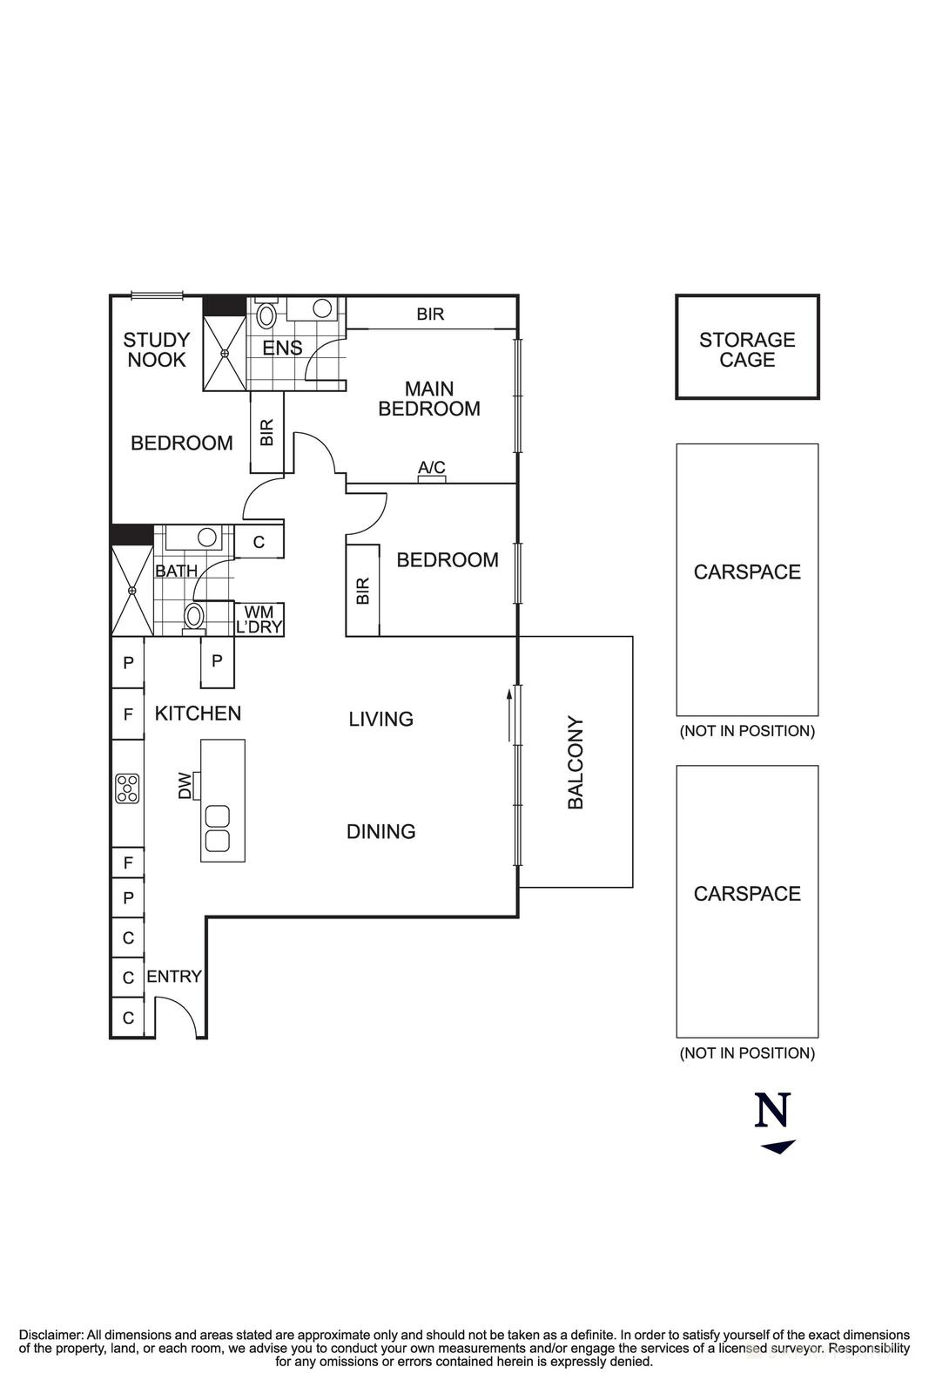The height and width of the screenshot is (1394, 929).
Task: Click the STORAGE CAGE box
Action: tap(747, 348)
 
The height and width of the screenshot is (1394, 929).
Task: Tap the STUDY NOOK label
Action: tap(157, 349)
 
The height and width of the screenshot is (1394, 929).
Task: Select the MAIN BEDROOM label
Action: tap(429, 399)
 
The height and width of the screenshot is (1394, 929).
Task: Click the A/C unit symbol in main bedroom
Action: tap(432, 478)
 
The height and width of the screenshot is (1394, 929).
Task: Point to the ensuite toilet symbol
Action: tap(266, 315)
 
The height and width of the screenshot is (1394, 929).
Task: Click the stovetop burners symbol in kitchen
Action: tap(128, 788)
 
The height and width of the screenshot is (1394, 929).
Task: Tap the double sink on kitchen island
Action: tap(217, 829)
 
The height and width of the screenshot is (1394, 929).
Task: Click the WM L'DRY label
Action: tap(259, 619)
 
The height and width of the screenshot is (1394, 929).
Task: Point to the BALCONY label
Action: tap(576, 763)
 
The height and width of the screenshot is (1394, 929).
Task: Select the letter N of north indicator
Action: tap(773, 1110)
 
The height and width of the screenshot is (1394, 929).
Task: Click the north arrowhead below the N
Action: tap(778, 1147)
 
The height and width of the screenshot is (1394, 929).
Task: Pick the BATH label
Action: tap(176, 572)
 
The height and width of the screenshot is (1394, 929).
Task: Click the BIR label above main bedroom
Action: tap(430, 314)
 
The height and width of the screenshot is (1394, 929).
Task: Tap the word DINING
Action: tap(380, 831)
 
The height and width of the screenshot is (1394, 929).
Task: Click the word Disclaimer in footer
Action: tap(51, 1335)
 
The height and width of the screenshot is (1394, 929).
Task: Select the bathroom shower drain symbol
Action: tap(132, 591)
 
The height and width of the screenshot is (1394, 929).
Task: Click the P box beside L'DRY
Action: tap(217, 660)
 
